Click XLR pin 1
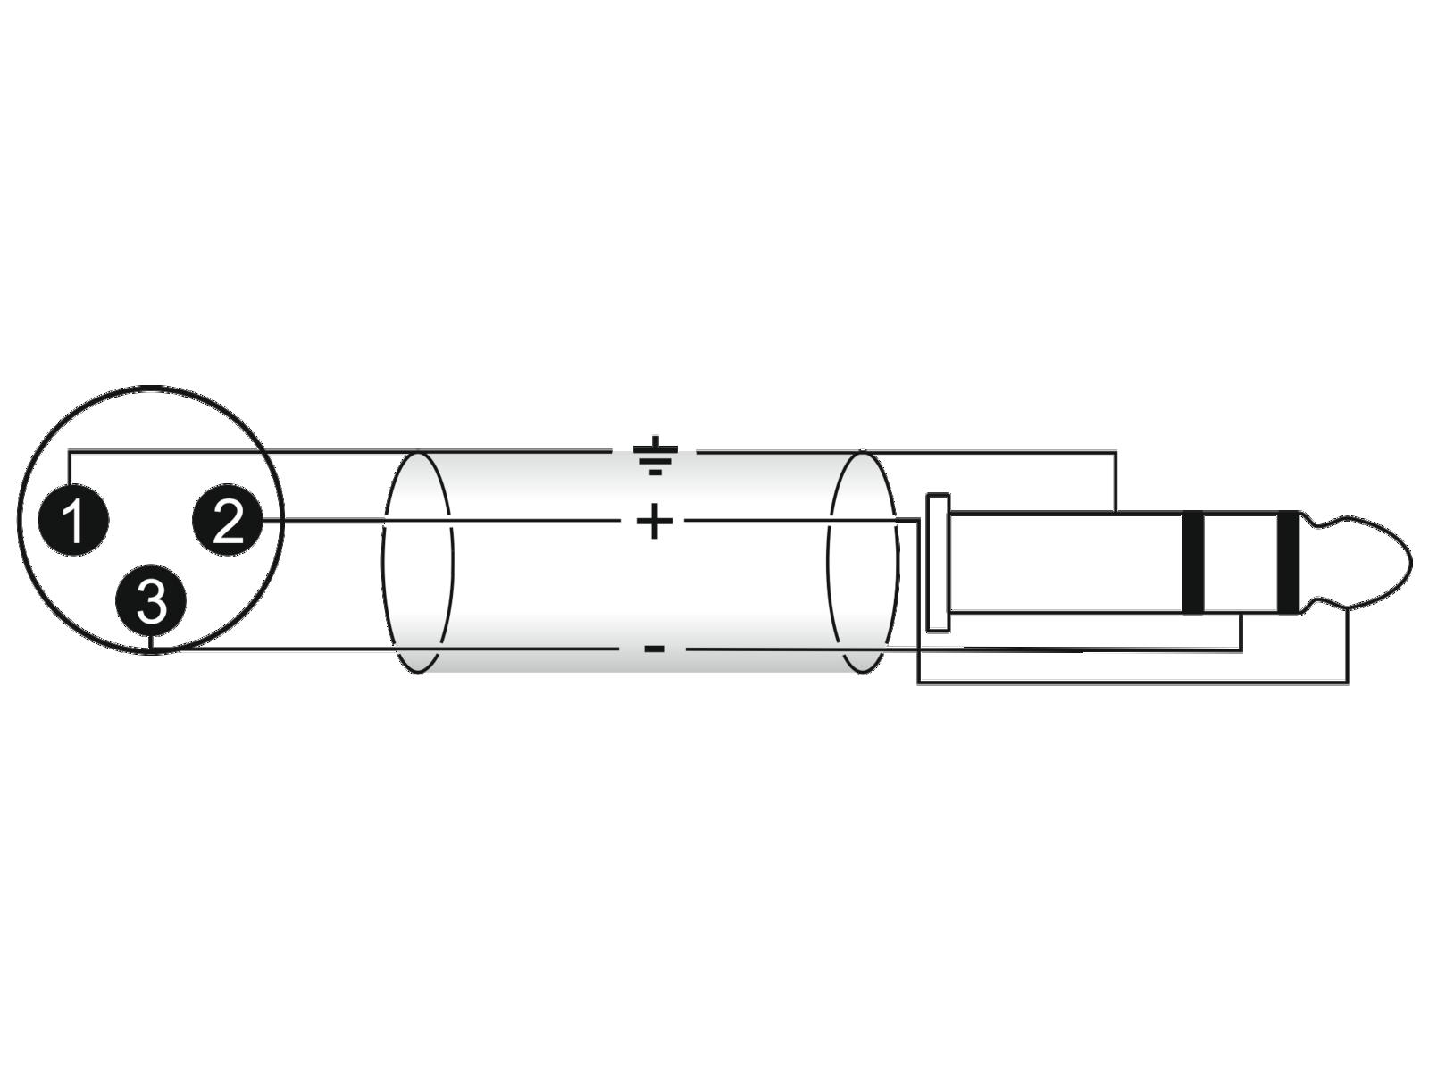[x=73, y=519]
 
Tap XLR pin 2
[x=227, y=519]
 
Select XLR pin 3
[x=150, y=600]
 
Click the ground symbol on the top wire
[x=655, y=455]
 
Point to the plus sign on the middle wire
[x=655, y=521]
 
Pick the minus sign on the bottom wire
[x=655, y=649]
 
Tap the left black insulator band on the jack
[x=1193, y=563]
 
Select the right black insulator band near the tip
[x=1289, y=563]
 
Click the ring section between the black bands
[x=1241, y=563]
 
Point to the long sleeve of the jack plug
[x=1065, y=563]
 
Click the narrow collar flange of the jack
[x=938, y=563]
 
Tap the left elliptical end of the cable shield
[x=417, y=563]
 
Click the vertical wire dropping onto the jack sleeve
[x=1116, y=482]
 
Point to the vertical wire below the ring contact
[x=1241, y=632]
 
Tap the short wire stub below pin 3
[x=150, y=643]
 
